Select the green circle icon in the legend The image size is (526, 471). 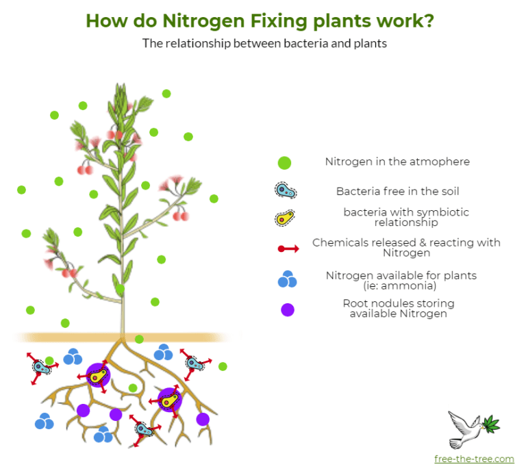[284, 163]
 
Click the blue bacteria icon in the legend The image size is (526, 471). [286, 191]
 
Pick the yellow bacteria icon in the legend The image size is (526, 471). [285, 218]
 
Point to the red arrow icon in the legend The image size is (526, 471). [288, 249]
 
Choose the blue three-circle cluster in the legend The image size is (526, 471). [288, 279]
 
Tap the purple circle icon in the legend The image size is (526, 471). [288, 309]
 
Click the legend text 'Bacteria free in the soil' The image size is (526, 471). [397, 192]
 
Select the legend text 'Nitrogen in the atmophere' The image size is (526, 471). [397, 162]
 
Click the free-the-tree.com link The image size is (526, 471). [474, 459]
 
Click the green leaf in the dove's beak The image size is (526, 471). [492, 423]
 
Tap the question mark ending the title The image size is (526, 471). [428, 21]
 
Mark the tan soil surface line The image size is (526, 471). [123, 338]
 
